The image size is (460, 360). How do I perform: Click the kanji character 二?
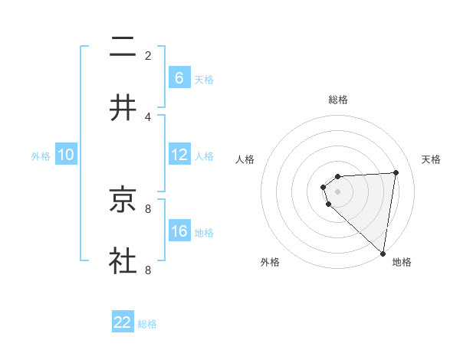123,47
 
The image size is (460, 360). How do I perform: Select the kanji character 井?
123,108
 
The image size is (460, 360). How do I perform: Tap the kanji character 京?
123,200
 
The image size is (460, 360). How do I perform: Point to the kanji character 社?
123,261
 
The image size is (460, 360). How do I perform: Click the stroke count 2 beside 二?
148,55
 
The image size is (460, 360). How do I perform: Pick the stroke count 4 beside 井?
148,116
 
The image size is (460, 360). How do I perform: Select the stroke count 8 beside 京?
148,208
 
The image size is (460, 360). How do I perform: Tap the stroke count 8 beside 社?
148,270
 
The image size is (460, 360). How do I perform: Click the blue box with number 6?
179,78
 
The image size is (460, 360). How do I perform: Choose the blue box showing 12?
179,155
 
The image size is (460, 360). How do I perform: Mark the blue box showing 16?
179,231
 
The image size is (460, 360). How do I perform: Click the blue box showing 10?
66,155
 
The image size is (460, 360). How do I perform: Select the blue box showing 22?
123,322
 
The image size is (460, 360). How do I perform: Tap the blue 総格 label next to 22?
147,324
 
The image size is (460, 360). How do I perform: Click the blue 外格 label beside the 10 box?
41,156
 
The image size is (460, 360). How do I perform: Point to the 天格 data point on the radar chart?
396,172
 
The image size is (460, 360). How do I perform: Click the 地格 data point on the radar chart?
383,253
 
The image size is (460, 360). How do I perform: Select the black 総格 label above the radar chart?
338,100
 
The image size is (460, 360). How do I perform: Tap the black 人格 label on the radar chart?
245,159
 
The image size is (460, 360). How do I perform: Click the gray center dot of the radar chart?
338,191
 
